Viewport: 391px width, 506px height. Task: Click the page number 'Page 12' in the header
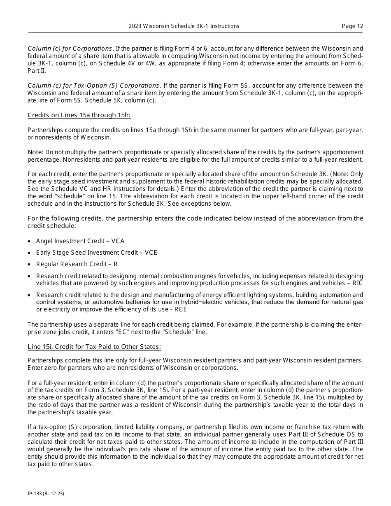click(352, 26)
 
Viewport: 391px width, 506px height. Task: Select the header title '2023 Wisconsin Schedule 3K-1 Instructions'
click(184, 26)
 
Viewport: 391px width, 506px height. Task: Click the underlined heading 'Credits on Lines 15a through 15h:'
click(79, 115)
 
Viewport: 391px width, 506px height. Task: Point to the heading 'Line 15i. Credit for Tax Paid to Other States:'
click(94, 347)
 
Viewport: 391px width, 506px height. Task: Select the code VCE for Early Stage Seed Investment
click(151, 253)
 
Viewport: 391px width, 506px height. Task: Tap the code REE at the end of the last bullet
click(180, 309)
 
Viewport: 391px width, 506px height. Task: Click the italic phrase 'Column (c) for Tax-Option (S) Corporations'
click(93, 86)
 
